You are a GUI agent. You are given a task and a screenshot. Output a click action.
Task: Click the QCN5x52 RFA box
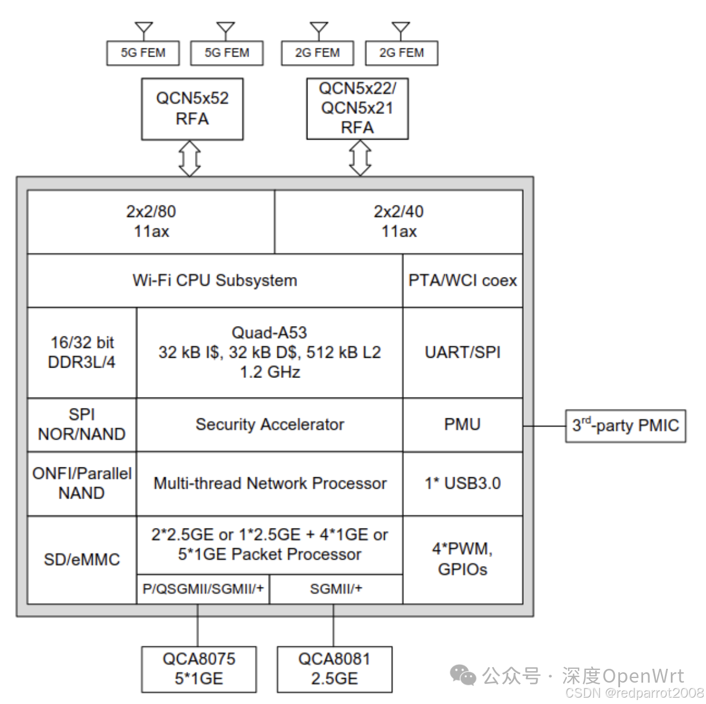(192, 108)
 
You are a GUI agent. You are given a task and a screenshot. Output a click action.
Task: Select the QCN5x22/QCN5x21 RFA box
(357, 108)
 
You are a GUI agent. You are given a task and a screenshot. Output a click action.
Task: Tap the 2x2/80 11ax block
(151, 222)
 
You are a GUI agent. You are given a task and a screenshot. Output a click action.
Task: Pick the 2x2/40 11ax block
(399, 222)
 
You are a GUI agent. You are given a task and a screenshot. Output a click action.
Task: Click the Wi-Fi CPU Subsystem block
(215, 280)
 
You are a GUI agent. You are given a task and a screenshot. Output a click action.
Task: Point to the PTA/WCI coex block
(463, 280)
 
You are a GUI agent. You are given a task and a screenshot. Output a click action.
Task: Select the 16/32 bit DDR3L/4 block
(82, 353)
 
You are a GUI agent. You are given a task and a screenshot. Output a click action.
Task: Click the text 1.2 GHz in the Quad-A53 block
(270, 372)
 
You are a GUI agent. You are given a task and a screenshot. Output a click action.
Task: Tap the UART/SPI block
(463, 353)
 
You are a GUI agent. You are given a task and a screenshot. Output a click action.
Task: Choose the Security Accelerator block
(269, 425)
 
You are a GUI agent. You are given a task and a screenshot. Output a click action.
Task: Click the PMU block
(463, 425)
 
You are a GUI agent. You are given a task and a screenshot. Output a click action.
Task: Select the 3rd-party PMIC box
(625, 426)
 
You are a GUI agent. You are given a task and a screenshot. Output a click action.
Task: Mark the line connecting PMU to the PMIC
(544, 426)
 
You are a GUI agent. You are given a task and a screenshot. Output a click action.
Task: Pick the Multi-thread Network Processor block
(269, 484)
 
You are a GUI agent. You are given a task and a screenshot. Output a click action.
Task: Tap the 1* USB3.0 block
(463, 484)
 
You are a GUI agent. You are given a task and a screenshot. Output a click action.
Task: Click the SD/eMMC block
(82, 560)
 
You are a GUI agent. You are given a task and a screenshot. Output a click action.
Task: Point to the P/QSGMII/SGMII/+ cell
(203, 589)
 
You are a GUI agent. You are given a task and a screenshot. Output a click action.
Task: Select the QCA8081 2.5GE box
(335, 669)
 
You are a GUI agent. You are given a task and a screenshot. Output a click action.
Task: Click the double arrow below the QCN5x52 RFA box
(190, 158)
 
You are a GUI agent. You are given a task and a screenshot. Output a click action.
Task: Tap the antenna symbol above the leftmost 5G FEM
(144, 30)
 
